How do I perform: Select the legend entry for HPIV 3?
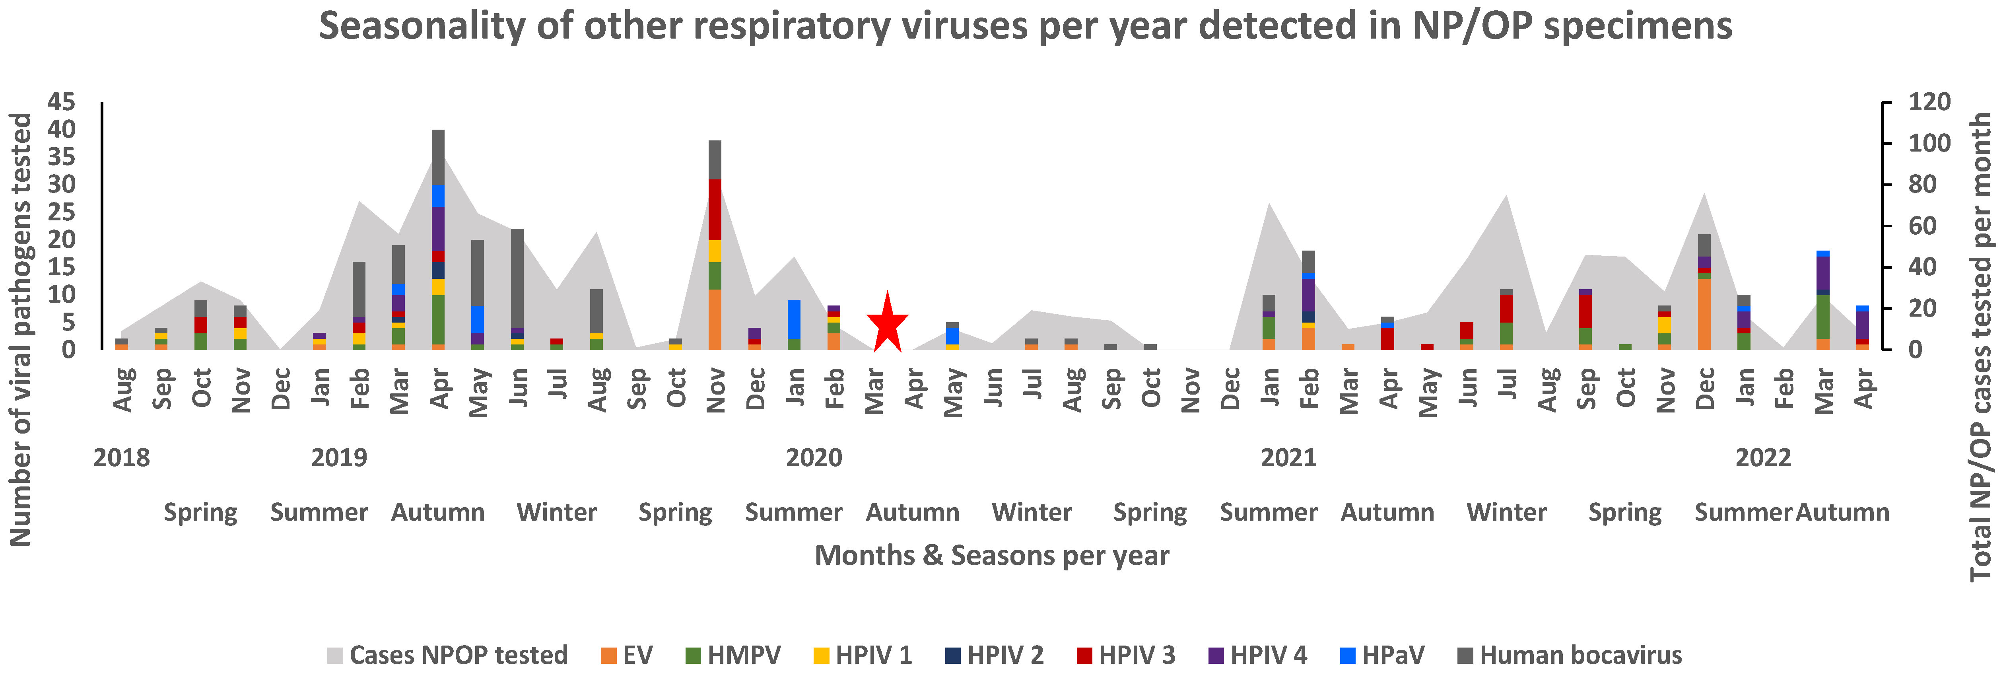tap(1126, 655)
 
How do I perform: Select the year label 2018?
tap(122, 457)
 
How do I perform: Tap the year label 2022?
tap(1763, 457)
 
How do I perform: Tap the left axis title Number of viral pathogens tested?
tap(21, 329)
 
